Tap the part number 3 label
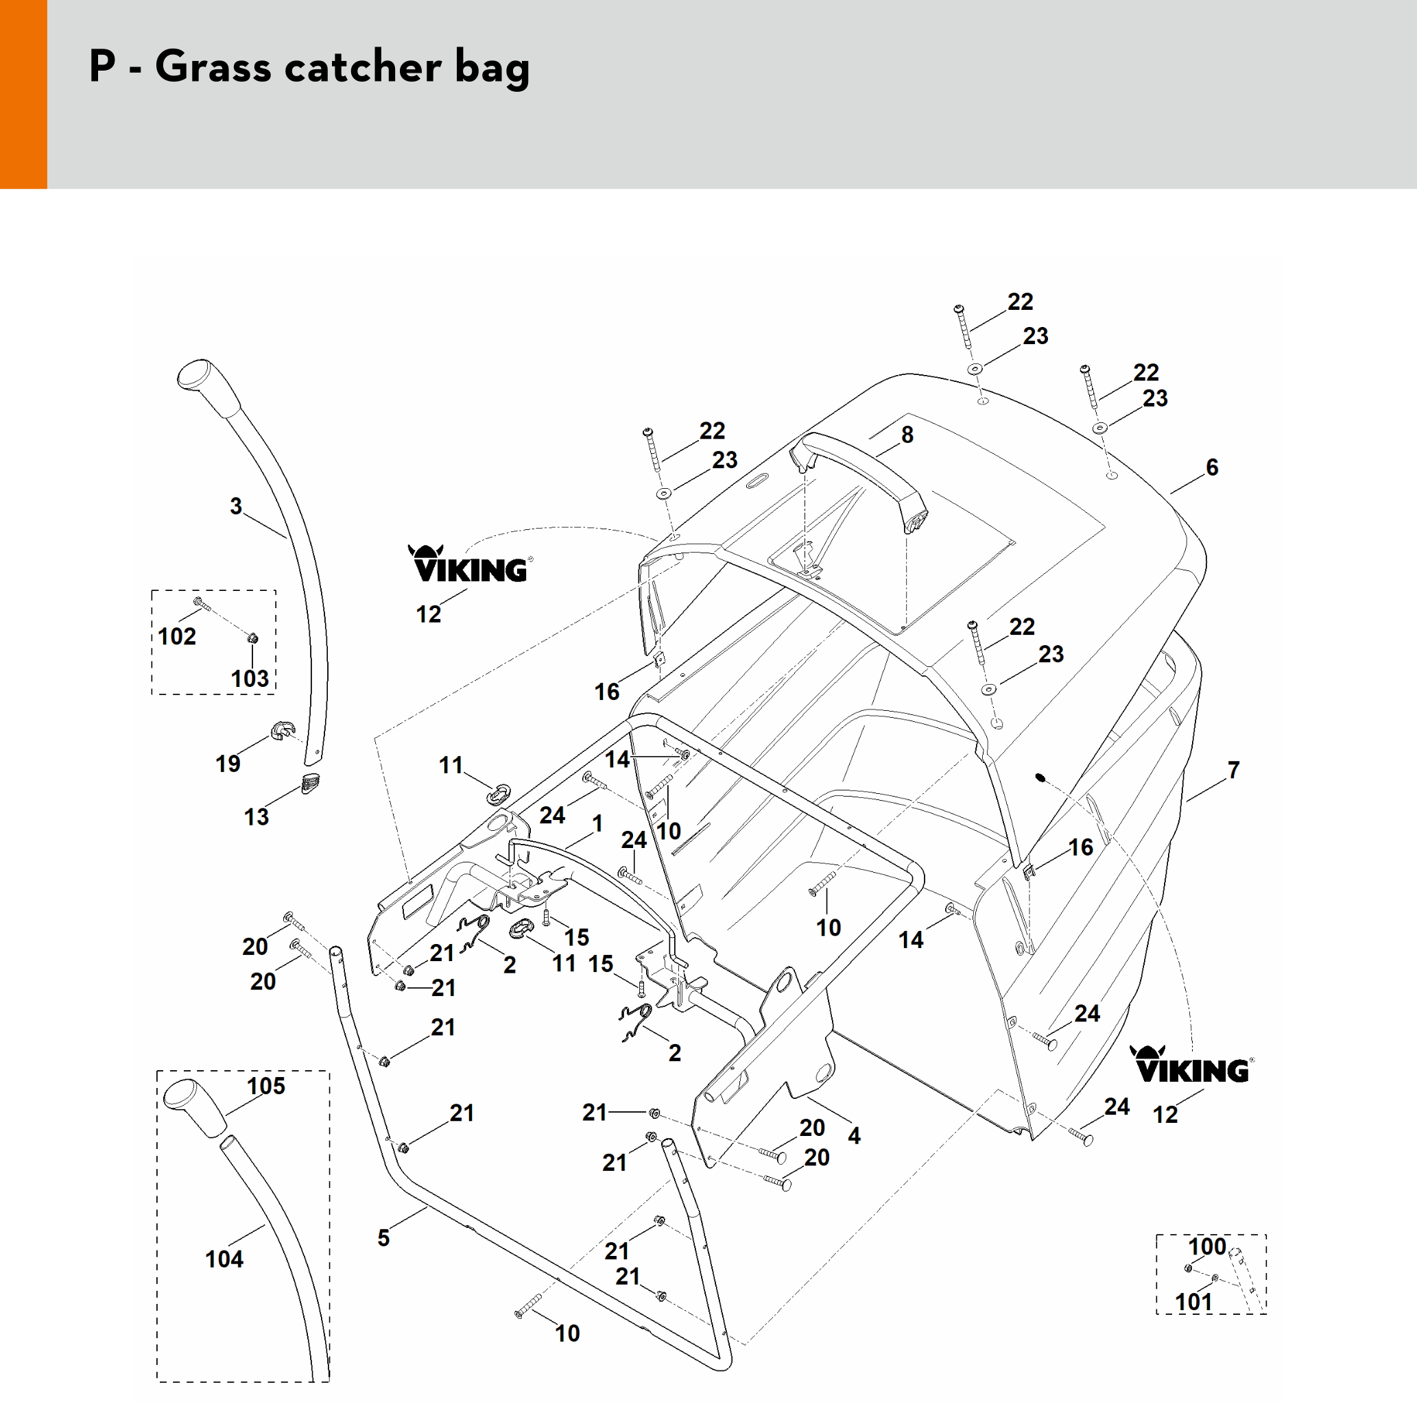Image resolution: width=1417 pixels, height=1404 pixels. [235, 506]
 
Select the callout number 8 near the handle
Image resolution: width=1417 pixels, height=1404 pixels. [907, 435]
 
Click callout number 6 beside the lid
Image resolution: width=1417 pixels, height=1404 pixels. [1213, 467]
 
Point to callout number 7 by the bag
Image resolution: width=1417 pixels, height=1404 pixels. [1234, 770]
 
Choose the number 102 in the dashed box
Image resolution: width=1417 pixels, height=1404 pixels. [177, 636]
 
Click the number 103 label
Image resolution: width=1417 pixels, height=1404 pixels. [250, 678]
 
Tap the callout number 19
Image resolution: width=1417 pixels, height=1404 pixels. [228, 763]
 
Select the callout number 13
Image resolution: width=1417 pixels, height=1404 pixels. [256, 816]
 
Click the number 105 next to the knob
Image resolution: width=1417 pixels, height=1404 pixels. [265, 1086]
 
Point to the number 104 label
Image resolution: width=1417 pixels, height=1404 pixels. [224, 1259]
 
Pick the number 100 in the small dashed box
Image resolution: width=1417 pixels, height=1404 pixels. [1207, 1246]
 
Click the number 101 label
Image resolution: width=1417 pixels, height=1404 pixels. [1194, 1302]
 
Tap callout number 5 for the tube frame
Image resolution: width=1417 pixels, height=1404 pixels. [383, 1238]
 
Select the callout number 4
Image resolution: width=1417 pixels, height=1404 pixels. [855, 1136]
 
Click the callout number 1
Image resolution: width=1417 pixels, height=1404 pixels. [598, 823]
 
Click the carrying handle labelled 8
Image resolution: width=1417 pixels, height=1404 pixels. [858, 469]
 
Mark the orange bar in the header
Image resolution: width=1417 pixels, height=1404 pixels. [23, 94]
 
